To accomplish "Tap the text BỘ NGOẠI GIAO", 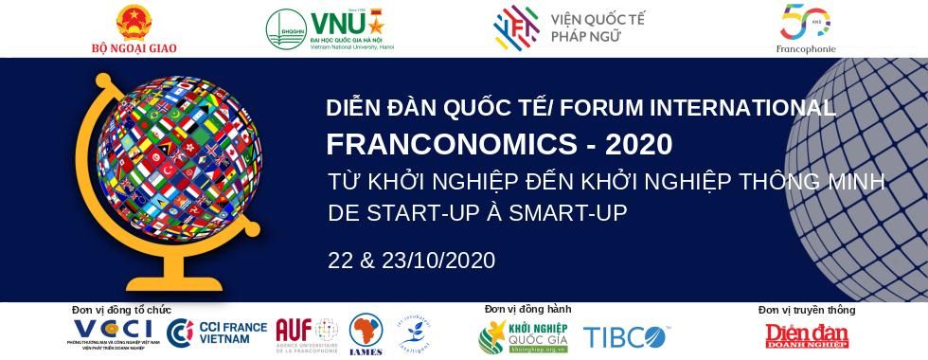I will tap(134, 47).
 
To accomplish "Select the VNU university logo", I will tap(330, 28).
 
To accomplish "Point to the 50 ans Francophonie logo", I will tap(806, 23).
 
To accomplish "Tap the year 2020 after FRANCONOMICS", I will tap(638, 145).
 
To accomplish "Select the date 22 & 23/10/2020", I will tap(411, 261).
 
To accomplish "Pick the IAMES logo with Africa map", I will tap(366, 333).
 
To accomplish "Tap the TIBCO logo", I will tap(624, 336).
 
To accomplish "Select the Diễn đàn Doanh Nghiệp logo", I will tap(807, 336).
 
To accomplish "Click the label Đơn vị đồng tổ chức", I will tap(121, 310).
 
